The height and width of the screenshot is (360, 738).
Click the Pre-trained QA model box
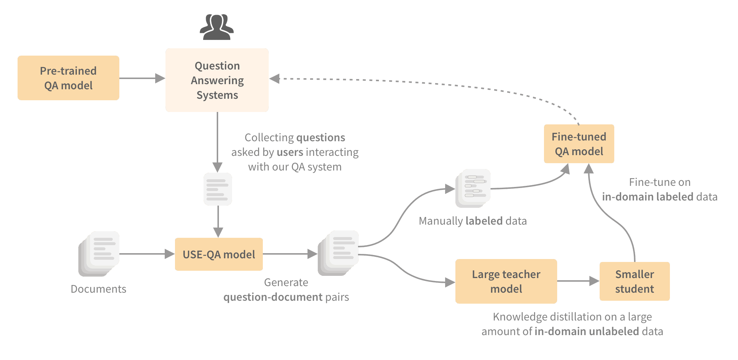(x=68, y=78)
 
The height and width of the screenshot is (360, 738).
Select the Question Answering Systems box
(x=217, y=80)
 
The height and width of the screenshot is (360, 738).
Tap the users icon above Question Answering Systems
(x=217, y=27)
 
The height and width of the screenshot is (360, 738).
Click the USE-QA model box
(x=219, y=254)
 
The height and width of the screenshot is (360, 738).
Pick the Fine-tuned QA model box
(x=579, y=144)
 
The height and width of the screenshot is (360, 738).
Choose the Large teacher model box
(x=506, y=281)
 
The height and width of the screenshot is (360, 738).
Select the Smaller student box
(x=634, y=281)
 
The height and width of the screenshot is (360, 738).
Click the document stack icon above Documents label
(x=99, y=254)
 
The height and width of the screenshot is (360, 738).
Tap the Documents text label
(x=98, y=289)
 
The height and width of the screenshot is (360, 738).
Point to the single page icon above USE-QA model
(x=218, y=189)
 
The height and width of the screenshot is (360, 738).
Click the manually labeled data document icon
(x=473, y=188)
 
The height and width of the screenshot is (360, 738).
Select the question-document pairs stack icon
(x=338, y=253)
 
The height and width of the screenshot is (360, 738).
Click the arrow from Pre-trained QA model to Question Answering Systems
(x=142, y=78)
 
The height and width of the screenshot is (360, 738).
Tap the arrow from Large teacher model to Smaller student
(x=578, y=281)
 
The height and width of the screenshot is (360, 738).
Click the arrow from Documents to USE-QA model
(x=147, y=254)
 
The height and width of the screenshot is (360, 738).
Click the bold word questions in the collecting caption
(x=321, y=138)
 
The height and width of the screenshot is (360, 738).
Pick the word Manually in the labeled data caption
(x=441, y=221)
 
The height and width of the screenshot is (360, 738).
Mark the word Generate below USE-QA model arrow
(x=286, y=282)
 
